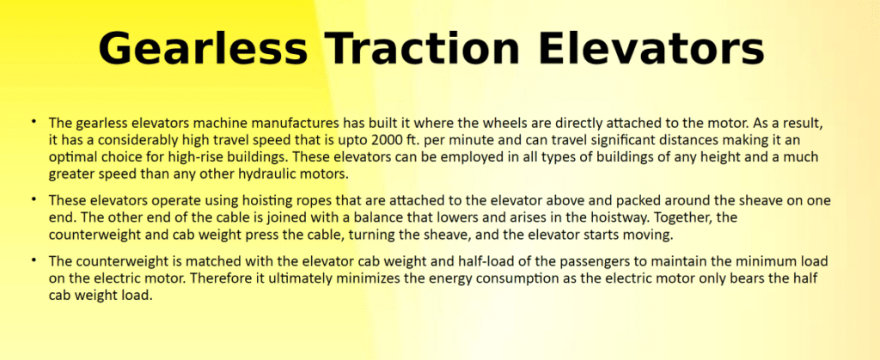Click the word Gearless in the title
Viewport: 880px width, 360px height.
[203, 49]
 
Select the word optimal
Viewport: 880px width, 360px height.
[69, 157]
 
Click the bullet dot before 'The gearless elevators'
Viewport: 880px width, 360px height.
[34, 121]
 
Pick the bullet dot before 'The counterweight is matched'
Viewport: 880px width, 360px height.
[34, 259]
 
